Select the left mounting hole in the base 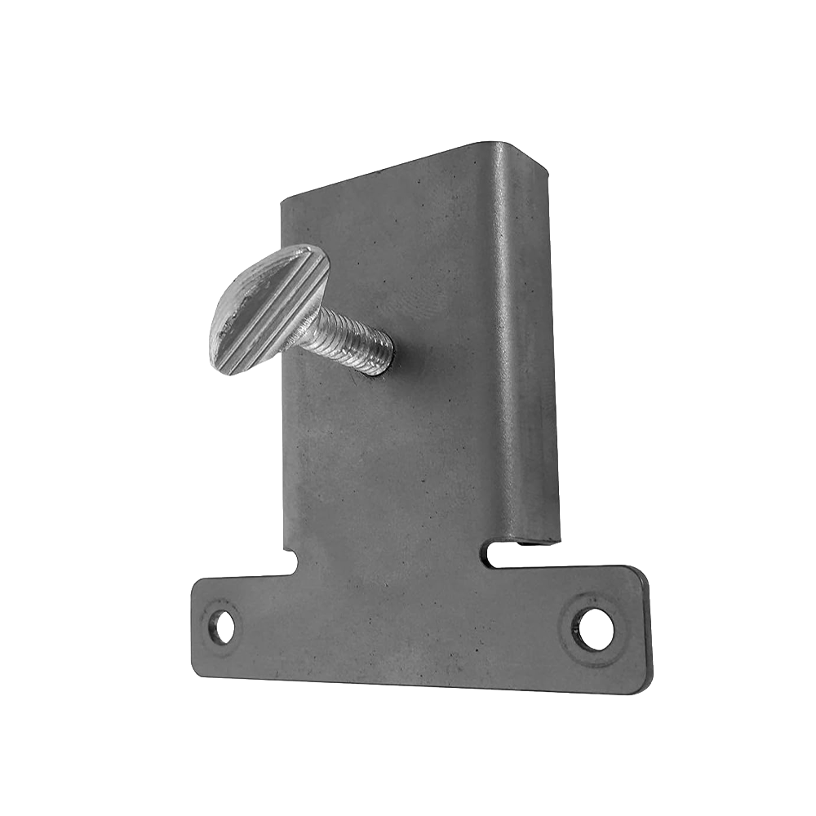pos(221,627)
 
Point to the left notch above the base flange pos(289,561)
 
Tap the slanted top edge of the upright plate pos(384,173)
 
